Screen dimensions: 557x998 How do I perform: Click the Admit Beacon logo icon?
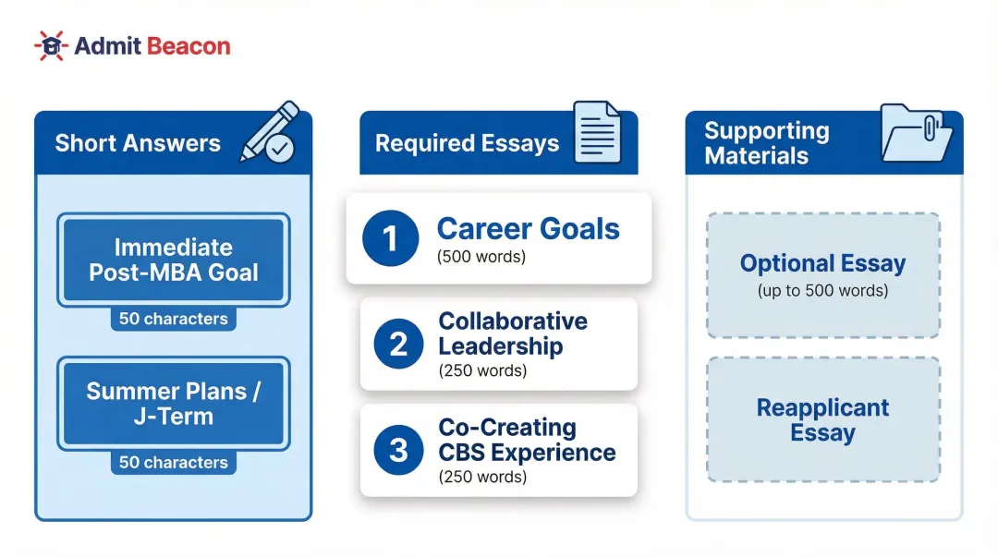tap(51, 45)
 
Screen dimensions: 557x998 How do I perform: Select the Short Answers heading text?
tap(138, 143)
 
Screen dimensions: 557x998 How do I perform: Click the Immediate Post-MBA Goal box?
tap(174, 260)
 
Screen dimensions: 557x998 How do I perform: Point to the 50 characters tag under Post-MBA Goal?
tap(174, 319)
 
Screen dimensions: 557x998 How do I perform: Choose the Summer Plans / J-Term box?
tap(174, 404)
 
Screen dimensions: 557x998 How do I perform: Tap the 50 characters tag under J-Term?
tap(174, 462)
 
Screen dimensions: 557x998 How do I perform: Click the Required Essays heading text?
tap(467, 143)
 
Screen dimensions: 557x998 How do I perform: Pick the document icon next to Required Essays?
tap(597, 133)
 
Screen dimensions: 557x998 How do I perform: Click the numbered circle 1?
tap(391, 238)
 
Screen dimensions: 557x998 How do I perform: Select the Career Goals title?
tap(528, 229)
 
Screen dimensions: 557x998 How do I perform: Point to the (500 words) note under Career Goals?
tap(481, 257)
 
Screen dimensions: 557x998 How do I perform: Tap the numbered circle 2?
tap(398, 345)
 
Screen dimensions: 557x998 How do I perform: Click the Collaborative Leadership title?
tap(513, 333)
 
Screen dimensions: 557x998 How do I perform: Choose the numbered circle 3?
tap(398, 450)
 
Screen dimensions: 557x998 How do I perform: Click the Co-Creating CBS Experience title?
tap(527, 440)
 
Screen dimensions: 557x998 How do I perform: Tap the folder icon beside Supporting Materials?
tap(915, 133)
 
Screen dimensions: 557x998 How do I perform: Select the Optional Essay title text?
tap(822, 263)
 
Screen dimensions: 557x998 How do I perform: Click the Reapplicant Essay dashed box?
tap(822, 420)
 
